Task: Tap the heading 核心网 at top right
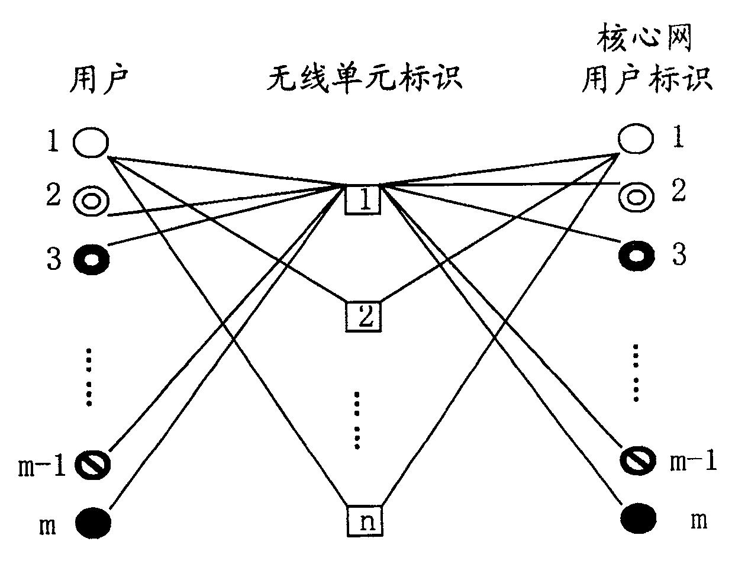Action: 644,37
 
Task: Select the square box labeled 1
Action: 362,199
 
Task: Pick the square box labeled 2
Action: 363,316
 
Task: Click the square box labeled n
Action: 365,521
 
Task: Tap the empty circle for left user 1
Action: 91,142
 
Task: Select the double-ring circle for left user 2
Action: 91,201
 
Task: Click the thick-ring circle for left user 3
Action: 92,260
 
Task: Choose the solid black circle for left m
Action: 93,523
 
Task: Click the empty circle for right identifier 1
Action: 636,138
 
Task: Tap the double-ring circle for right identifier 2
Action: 636,197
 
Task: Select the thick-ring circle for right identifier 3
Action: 637,256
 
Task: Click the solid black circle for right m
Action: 639,518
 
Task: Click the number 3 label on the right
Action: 679,255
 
